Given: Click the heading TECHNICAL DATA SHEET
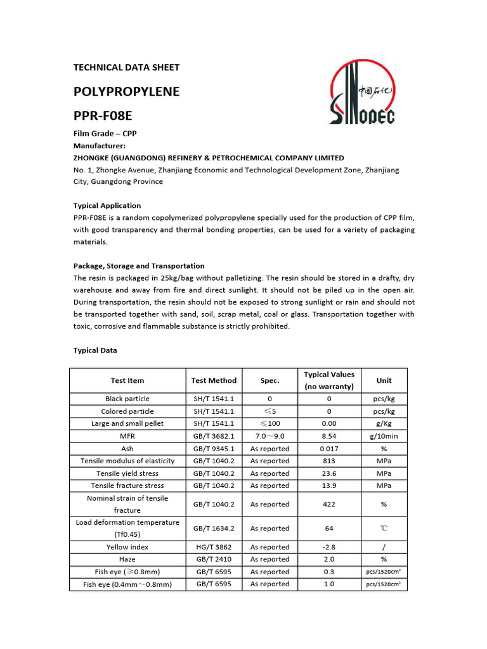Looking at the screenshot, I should (x=126, y=67).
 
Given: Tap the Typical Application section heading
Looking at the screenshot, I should (x=107, y=205).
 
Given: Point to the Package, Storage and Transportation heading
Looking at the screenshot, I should (x=139, y=266).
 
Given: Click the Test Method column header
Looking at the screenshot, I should (x=214, y=380).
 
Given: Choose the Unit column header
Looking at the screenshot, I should (x=384, y=380).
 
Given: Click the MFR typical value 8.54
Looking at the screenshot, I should (x=329, y=436).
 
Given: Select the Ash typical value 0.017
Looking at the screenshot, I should (x=329, y=449).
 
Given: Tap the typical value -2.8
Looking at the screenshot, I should (x=329, y=547).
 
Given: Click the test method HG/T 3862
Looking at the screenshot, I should (x=214, y=547).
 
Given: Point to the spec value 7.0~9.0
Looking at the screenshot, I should (x=269, y=436).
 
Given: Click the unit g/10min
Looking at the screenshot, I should (x=384, y=436).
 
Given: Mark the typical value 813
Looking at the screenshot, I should (x=329, y=461).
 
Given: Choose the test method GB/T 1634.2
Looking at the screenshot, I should (x=214, y=528).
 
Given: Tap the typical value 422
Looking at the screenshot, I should (x=329, y=504).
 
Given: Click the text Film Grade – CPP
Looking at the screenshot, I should (x=105, y=134).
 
